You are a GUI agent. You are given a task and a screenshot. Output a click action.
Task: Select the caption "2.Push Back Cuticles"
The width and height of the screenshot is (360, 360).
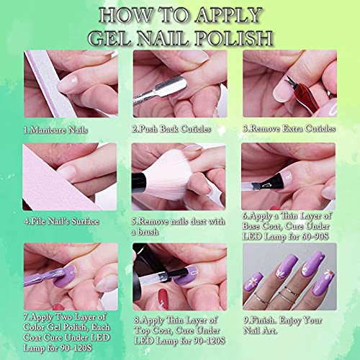tap(171, 129)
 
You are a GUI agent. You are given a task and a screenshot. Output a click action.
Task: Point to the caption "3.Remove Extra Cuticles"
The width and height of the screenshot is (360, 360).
tap(289, 129)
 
